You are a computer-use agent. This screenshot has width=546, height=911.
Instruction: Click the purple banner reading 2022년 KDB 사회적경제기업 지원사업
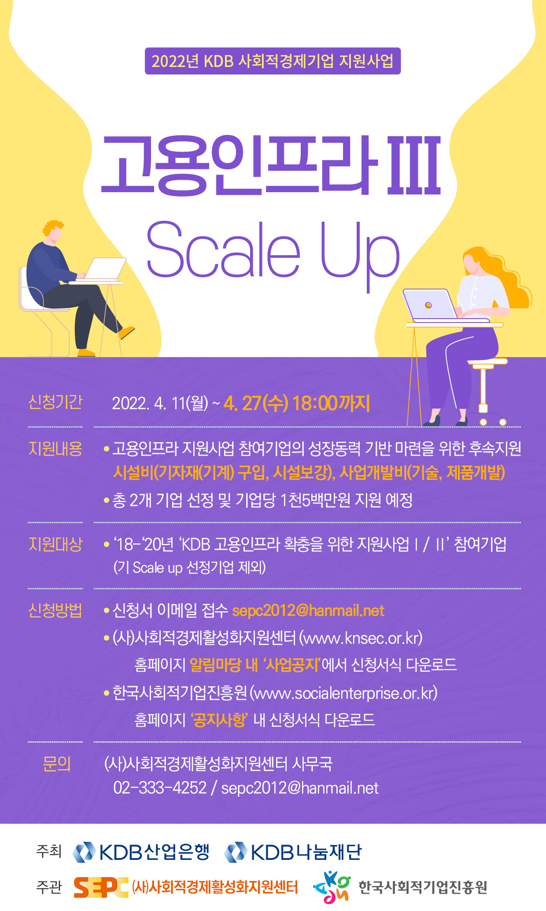pos(273,61)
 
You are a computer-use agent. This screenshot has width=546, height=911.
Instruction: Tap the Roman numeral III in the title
pos(414,165)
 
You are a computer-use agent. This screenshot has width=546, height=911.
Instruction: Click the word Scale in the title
pos(223,249)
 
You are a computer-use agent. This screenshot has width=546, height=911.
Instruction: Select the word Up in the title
pos(360,256)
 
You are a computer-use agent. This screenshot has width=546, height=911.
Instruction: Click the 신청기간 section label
pos(55,402)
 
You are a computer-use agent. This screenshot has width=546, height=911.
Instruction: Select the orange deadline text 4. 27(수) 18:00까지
pos(297,403)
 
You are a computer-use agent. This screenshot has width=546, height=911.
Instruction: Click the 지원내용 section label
pos(55,449)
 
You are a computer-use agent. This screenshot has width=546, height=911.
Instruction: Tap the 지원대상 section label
pos(55,544)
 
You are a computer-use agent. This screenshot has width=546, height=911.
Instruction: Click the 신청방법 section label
pos(55,610)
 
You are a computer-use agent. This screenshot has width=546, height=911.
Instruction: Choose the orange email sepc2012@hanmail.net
pos(308,611)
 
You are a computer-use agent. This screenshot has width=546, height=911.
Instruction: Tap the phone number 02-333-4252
pos(160,788)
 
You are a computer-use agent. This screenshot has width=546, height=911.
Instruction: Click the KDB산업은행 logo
pos(141,852)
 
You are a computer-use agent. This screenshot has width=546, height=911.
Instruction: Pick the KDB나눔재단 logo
pos(293,852)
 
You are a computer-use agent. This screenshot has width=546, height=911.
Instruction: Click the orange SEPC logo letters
pos(101,887)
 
